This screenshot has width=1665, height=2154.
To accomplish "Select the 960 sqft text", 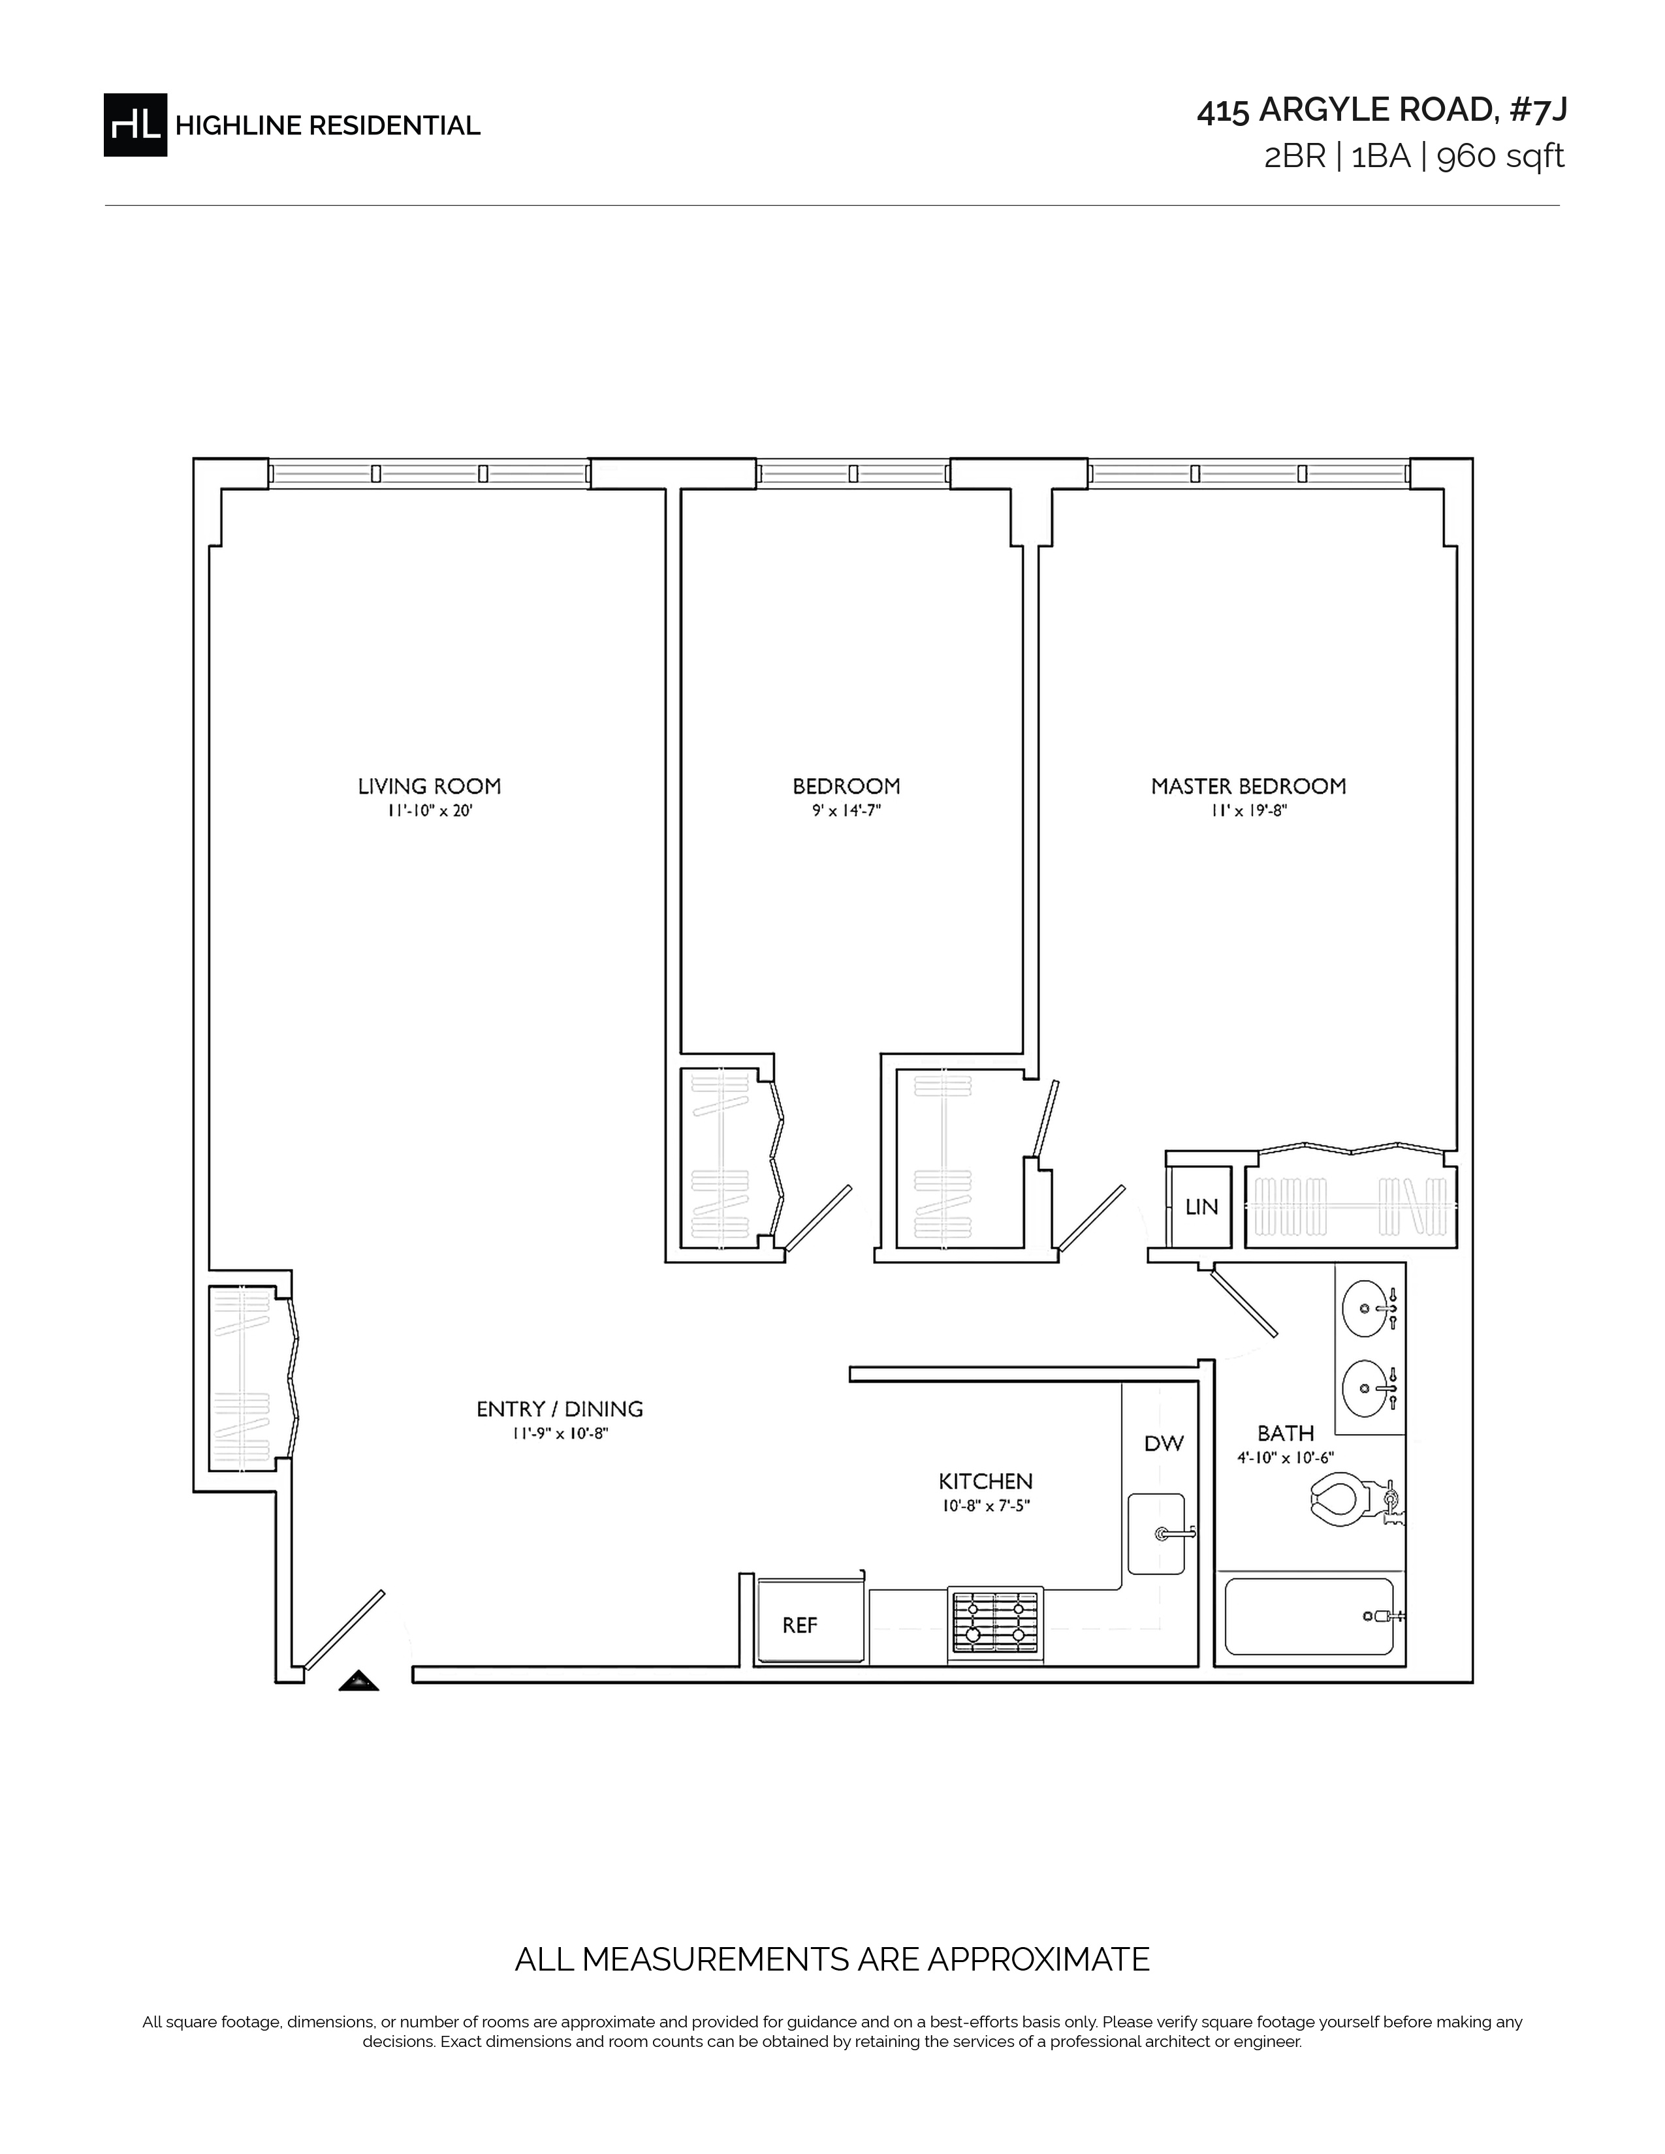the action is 1500,157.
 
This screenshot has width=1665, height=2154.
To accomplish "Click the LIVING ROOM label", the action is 429,786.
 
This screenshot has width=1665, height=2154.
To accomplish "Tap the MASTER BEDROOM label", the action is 1248,786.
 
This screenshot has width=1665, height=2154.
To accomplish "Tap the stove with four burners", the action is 995,1619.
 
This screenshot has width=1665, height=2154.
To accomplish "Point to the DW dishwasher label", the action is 1164,1443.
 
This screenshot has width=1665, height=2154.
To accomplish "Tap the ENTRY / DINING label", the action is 560,1409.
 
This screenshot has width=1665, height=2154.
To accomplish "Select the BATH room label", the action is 1285,1433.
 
